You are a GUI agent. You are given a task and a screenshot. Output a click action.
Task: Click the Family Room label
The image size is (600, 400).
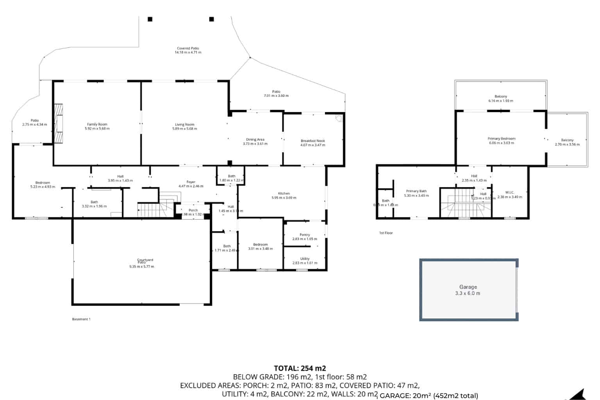[97, 124]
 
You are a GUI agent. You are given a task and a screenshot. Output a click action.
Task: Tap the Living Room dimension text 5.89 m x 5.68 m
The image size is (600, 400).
[185, 129]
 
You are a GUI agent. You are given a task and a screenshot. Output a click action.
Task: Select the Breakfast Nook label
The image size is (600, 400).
[312, 141]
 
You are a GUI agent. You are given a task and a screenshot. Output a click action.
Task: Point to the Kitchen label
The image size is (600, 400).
[284, 193]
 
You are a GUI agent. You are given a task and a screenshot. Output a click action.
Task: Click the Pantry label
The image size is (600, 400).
[305, 235]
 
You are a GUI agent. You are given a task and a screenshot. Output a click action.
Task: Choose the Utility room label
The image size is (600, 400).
[305, 259]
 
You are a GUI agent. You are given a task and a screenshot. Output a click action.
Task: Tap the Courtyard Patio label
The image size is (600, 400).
[145, 261]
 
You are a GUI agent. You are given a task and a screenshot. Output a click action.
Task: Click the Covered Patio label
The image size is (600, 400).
[188, 48]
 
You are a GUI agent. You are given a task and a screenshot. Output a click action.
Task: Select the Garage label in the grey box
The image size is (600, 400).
[468, 287]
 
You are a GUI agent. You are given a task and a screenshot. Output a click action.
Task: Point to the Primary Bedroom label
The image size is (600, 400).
[501, 139]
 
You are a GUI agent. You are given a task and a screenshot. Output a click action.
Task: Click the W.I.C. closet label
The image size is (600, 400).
[509, 193]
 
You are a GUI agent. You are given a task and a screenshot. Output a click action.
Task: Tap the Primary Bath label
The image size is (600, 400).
[416, 191]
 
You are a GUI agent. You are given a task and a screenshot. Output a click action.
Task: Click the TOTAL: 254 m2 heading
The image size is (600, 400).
[300, 368]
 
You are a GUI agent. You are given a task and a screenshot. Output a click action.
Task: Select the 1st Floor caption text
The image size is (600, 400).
[386, 233]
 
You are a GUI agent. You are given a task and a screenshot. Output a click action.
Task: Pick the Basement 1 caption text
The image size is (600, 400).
[81, 319]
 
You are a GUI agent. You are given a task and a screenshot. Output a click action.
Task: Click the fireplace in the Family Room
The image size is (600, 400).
[58, 123]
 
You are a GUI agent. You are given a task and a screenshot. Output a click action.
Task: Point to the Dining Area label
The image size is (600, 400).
[255, 139]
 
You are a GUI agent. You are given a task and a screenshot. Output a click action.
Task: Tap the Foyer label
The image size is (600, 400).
[191, 182]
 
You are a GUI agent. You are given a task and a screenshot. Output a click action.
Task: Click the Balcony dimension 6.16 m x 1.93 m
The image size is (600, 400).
[500, 101]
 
